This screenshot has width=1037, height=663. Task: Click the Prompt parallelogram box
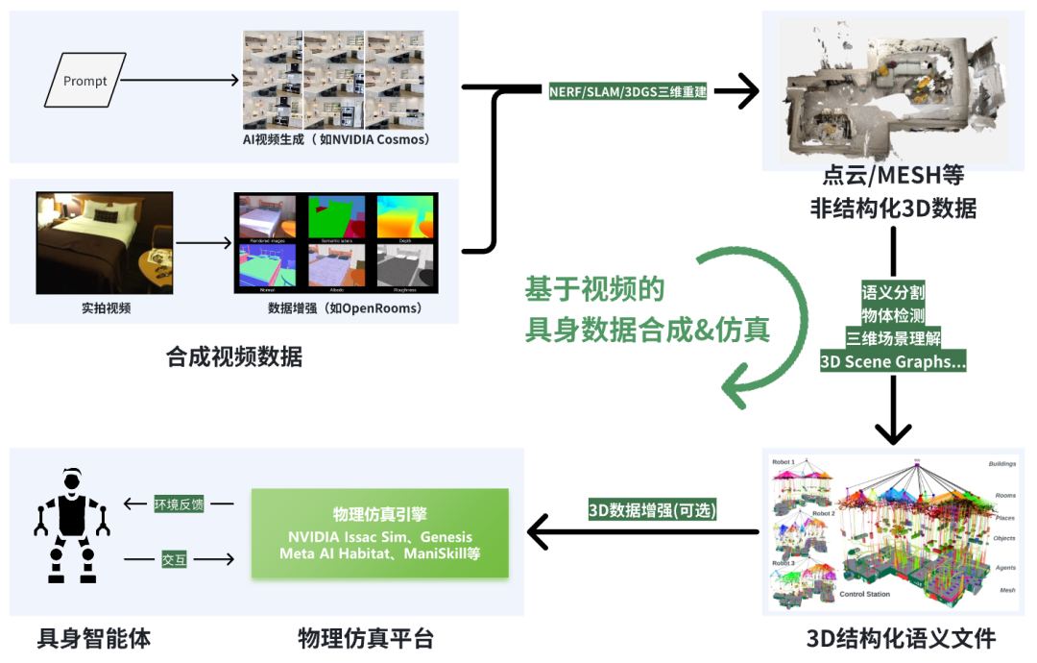85,81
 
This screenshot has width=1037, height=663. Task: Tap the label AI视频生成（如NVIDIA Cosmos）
336,139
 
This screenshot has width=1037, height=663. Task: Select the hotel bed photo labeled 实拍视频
105,243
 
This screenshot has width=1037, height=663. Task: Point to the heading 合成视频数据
234,358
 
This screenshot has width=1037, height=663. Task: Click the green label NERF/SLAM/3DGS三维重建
628,92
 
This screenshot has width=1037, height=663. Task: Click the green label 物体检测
893,315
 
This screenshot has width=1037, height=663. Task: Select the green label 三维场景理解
893,338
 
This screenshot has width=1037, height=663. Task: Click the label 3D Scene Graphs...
893,362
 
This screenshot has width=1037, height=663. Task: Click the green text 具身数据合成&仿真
647,330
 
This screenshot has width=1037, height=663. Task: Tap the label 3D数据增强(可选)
653,510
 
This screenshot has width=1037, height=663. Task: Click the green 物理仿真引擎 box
379,533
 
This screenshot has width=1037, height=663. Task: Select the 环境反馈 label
179,503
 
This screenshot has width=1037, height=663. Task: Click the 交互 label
174,559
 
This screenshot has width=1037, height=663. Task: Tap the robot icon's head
72,479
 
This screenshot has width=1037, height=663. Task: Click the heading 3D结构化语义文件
901,638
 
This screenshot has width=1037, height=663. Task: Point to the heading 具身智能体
94,638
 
